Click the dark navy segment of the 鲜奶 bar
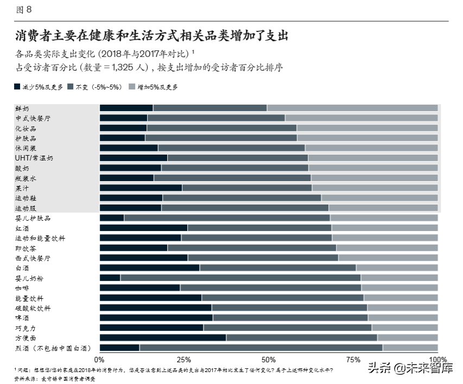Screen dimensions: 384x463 (126, 108)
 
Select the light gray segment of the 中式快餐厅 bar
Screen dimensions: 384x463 (361, 118)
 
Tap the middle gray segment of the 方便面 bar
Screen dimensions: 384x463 (301, 338)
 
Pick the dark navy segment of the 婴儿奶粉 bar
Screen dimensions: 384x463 (110, 278)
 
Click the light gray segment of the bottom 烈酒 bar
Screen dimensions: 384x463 (410, 348)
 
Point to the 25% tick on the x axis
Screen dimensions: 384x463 (184, 360)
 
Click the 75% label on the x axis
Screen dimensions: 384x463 (353, 360)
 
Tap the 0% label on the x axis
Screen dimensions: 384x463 (99, 360)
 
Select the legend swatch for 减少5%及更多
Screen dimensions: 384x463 (18, 87)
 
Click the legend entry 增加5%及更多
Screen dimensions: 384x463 (157, 87)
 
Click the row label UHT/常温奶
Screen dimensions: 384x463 (34, 158)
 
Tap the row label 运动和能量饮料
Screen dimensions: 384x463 (40, 238)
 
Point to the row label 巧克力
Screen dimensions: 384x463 (26, 328)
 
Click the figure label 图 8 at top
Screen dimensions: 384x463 (24, 9)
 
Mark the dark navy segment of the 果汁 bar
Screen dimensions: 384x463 (141, 188)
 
